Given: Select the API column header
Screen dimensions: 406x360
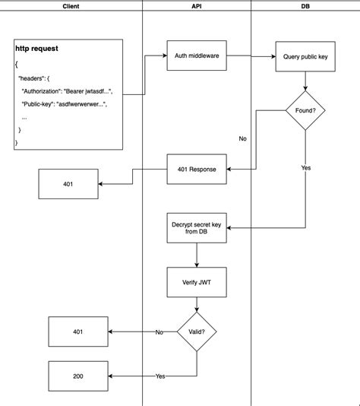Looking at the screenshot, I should click(x=197, y=5).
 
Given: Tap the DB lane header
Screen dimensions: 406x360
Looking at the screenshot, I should click(x=305, y=5).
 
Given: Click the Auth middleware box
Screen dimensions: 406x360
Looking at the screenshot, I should click(x=197, y=55).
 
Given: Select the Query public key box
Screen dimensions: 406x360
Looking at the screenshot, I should click(x=305, y=56).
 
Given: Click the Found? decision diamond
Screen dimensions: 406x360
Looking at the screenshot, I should click(x=305, y=112).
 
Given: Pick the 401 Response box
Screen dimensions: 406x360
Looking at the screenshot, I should click(x=197, y=169).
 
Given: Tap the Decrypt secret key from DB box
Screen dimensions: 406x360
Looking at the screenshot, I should click(x=197, y=228).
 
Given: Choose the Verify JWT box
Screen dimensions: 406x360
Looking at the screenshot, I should click(x=197, y=282).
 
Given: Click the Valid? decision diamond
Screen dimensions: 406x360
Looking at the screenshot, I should click(x=197, y=331).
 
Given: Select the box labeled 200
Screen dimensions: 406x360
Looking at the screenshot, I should click(x=78, y=376).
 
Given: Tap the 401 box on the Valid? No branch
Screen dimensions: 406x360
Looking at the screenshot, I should click(x=78, y=332).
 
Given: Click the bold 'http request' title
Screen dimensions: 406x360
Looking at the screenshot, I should click(x=36, y=49).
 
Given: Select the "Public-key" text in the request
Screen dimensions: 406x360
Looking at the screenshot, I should click(x=43, y=104).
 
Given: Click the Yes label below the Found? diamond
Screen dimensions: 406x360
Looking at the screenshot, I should click(x=306, y=168).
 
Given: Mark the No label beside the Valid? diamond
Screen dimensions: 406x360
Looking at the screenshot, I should click(x=159, y=332).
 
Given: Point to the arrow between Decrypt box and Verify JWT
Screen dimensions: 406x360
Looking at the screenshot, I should click(x=197, y=255).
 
